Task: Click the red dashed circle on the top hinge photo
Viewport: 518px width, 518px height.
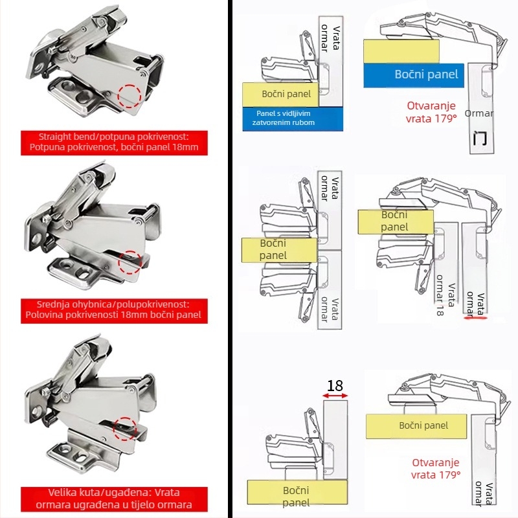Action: (x=131, y=96)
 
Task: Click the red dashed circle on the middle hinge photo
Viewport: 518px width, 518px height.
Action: (x=130, y=262)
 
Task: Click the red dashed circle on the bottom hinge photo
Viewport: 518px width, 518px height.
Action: (x=126, y=428)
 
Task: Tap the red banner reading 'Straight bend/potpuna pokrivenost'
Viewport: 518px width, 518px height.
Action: (x=114, y=142)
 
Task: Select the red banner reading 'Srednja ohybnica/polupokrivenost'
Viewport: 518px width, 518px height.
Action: (x=114, y=310)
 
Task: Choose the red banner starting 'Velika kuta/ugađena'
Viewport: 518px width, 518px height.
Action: (x=114, y=499)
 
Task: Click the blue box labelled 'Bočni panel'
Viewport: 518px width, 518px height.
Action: (x=413, y=74)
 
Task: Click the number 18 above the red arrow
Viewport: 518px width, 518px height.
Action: (x=335, y=386)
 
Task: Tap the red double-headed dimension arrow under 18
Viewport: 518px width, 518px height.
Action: (x=335, y=396)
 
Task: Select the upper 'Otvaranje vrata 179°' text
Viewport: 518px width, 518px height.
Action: (x=431, y=112)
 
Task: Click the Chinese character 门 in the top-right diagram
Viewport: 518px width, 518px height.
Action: (x=480, y=138)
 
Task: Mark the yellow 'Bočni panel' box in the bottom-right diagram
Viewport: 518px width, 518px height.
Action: (x=423, y=425)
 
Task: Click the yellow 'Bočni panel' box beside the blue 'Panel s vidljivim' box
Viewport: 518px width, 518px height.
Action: (x=281, y=94)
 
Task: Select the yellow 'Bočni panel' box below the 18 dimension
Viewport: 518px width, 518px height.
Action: (x=296, y=496)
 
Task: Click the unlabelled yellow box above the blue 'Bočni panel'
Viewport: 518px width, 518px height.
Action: (x=401, y=51)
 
